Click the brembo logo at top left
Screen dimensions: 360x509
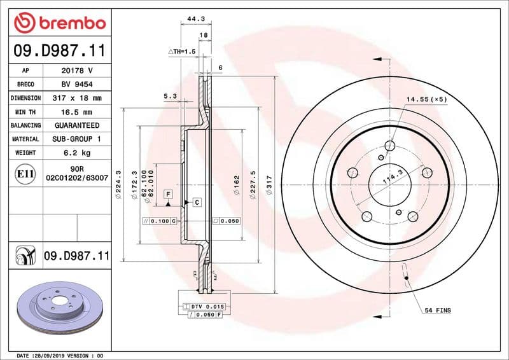(x=59, y=24)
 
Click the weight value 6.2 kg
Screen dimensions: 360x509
(x=76, y=153)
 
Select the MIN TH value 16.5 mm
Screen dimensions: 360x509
(x=76, y=112)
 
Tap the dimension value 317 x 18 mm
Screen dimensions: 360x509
(x=76, y=98)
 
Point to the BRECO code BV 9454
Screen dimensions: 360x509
(x=76, y=84)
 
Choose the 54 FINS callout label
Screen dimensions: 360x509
(x=438, y=310)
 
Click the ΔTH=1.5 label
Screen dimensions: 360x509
(x=181, y=51)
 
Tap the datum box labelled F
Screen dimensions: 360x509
(x=169, y=193)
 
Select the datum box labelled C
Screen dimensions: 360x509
(x=197, y=202)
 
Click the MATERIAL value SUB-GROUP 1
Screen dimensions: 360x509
(x=76, y=139)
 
